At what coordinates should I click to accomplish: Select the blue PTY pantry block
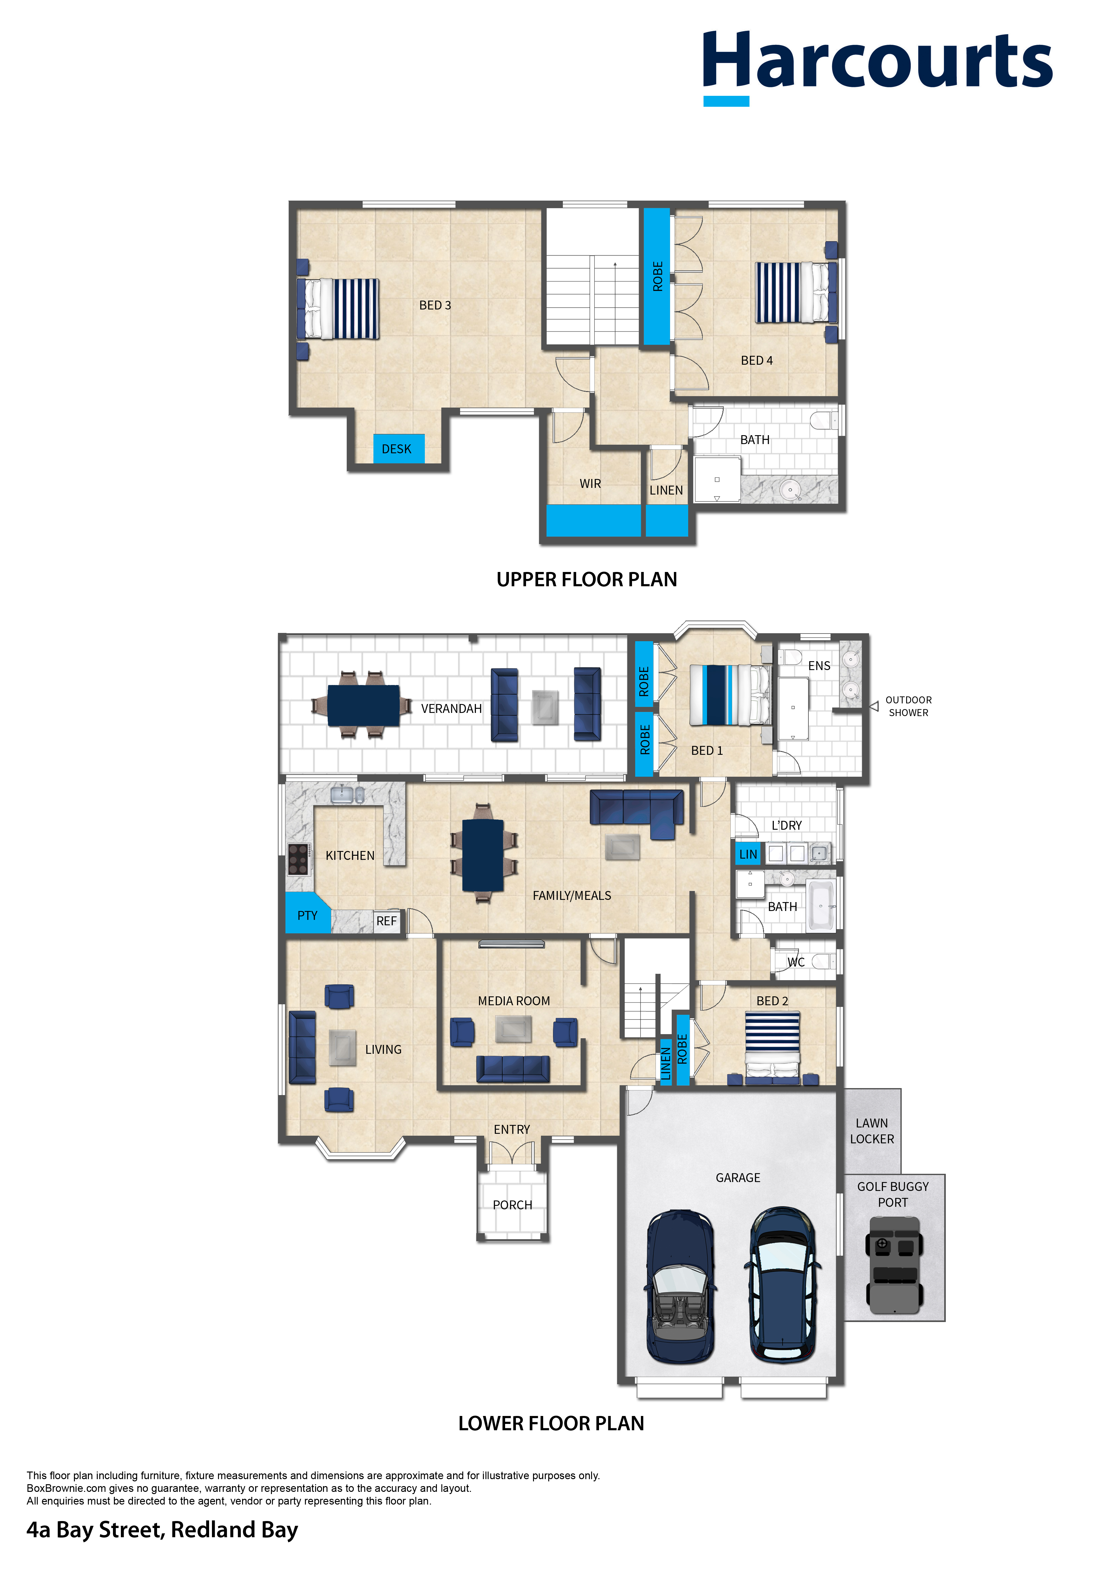click(x=306, y=913)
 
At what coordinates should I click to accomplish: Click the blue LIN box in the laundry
click(x=748, y=854)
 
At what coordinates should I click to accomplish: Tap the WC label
click(x=795, y=962)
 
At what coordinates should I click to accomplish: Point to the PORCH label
click(x=512, y=1205)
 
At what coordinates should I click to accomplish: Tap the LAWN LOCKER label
click(x=872, y=1131)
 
